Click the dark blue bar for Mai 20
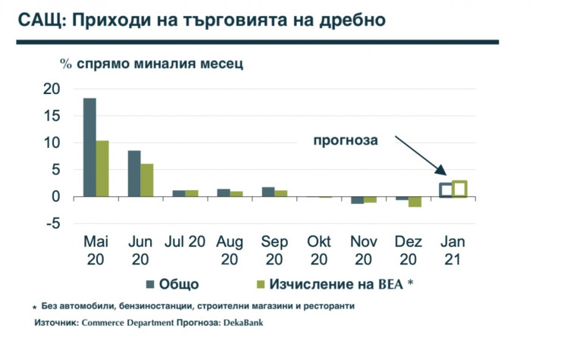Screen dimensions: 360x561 tap(89, 147)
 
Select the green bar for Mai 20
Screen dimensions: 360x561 tap(102, 168)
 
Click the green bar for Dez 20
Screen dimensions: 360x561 tap(415, 202)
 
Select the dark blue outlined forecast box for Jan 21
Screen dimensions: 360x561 tap(447, 190)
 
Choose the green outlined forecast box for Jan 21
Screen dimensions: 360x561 tap(459, 189)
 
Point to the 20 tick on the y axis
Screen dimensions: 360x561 tap(50, 89)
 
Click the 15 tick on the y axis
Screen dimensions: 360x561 tap(50, 116)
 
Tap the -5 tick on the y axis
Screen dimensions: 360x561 tap(50, 224)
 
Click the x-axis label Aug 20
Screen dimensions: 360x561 tap(230, 251)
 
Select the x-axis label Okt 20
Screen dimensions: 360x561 tap(319, 251)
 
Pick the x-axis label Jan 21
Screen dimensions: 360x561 tap(453, 251)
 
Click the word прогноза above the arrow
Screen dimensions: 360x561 tap(346, 140)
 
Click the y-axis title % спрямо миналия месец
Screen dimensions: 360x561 tap(152, 63)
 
